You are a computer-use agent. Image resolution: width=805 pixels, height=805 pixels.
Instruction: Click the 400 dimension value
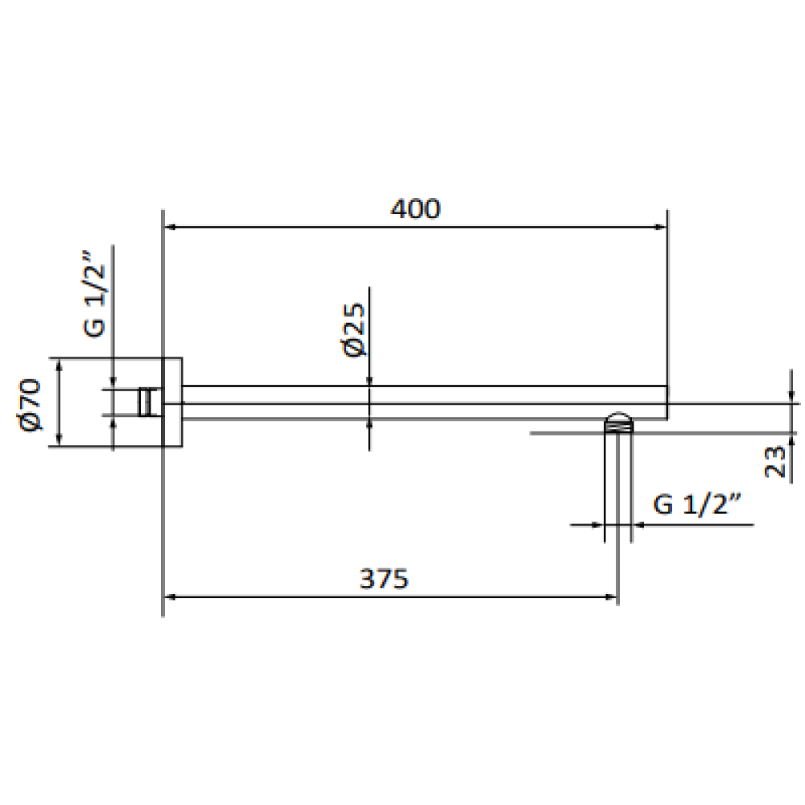pos(415,209)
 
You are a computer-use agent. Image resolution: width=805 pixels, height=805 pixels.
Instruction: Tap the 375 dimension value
pos(384,579)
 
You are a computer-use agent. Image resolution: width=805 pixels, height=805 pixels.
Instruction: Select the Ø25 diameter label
pos(353,330)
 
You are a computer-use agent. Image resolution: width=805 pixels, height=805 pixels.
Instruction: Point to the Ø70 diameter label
pos(30,405)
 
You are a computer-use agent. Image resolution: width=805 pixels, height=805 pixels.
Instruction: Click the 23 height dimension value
pos(774,462)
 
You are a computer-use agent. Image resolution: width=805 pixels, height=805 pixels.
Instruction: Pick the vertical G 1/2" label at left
pos(94,294)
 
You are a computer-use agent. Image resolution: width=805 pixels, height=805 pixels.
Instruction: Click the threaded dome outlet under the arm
pos(618,423)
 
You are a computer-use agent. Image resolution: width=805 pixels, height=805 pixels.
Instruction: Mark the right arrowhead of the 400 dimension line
pos(661,227)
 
